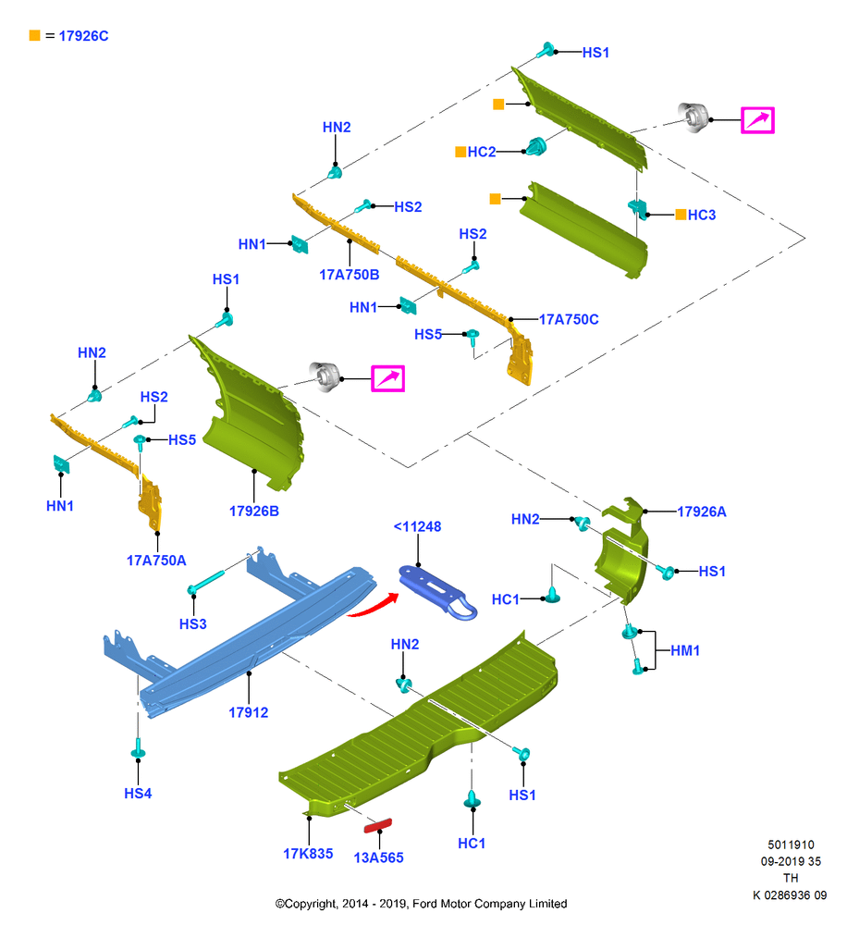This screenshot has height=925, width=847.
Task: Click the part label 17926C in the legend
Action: (83, 36)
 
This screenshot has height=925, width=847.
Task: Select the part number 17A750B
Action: (350, 275)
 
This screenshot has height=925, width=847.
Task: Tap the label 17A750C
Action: (569, 319)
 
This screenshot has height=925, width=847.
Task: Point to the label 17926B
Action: (253, 511)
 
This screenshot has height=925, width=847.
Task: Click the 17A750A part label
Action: (156, 561)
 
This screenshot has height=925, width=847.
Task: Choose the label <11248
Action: (417, 526)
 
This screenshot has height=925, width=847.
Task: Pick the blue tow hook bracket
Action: (437, 592)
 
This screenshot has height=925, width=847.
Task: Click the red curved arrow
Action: (373, 607)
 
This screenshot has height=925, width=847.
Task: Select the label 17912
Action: (249, 712)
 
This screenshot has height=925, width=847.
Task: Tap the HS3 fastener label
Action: (193, 623)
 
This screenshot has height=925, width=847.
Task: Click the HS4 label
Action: (138, 794)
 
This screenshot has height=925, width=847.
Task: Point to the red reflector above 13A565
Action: (377, 825)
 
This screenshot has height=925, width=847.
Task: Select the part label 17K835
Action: (308, 854)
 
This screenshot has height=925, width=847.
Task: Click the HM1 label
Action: (685, 650)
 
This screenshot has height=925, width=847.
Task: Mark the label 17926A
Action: (701, 512)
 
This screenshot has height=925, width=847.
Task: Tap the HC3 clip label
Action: (702, 215)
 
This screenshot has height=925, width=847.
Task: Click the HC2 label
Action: (482, 152)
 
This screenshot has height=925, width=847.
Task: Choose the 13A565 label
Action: (379, 857)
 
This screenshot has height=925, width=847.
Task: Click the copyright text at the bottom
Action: (421, 904)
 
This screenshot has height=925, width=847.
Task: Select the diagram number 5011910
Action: (791, 845)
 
